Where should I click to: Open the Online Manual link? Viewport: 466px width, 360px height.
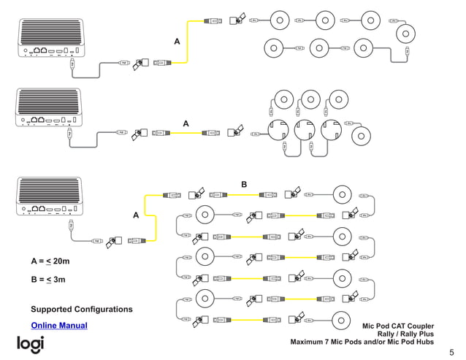[59, 325]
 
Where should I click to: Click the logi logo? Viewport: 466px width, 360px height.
[31, 344]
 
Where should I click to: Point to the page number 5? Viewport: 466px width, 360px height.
[451, 351]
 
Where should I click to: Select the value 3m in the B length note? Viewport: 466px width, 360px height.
[60, 279]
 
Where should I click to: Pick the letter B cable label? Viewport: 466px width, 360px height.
[244, 185]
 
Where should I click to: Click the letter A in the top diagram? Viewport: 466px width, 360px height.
[177, 42]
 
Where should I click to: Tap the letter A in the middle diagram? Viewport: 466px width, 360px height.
[186, 124]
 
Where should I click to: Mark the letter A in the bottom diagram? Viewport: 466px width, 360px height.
[135, 215]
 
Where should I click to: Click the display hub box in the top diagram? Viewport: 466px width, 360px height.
[48, 37]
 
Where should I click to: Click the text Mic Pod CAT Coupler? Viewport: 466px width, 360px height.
[398, 325]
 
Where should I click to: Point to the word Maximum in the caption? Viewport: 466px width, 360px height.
[310, 342]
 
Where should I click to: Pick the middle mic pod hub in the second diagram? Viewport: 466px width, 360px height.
[307, 132]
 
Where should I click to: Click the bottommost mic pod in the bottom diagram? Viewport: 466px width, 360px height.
[344, 320]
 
